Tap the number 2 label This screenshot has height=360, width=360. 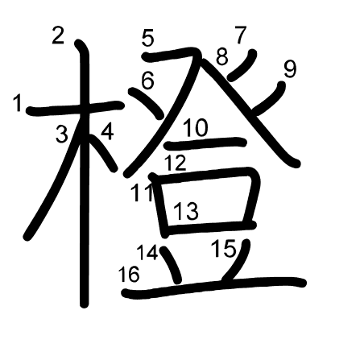pyautogui.click(x=58, y=35)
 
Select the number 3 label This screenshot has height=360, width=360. pyautogui.click(x=62, y=134)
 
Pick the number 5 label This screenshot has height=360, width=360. pyautogui.click(x=148, y=37)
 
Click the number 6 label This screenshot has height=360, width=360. pyautogui.click(x=147, y=80)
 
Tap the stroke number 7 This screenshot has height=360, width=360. pyautogui.click(x=240, y=35)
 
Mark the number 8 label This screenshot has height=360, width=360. pyautogui.click(x=222, y=57)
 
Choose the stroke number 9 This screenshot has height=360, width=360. pyautogui.click(x=289, y=69)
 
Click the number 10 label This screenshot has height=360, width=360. pyautogui.click(x=196, y=127)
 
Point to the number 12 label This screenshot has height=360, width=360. pyautogui.click(x=175, y=163)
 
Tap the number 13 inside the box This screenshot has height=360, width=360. pyautogui.click(x=185, y=211)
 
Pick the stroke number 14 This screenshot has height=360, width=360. pyautogui.click(x=147, y=252)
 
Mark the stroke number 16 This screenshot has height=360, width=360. pyautogui.click(x=128, y=275)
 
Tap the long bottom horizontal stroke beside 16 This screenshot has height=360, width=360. pyautogui.click(x=217, y=285)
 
